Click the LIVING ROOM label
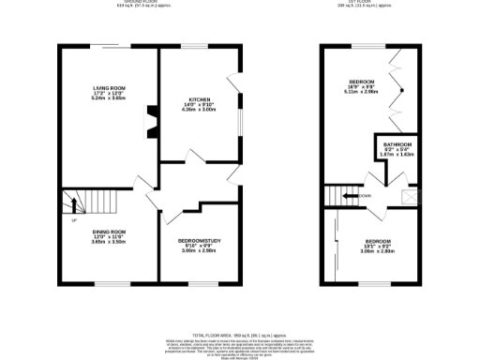[109, 89]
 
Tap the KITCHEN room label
[198, 98]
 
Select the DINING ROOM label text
[109, 231]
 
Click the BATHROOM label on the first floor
[397, 143]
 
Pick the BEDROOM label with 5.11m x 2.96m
[362, 82]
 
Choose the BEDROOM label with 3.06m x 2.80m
[378, 241]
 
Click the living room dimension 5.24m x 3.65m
[109, 98]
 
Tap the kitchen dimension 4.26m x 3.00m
[198, 109]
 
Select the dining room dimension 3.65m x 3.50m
[109, 241]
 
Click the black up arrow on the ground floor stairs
[70, 202]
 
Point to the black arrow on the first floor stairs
[349, 195]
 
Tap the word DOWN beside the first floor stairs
[364, 195]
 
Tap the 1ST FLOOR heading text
[367, 3]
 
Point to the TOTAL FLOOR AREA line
[239, 335]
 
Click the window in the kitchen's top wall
[194, 46]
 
